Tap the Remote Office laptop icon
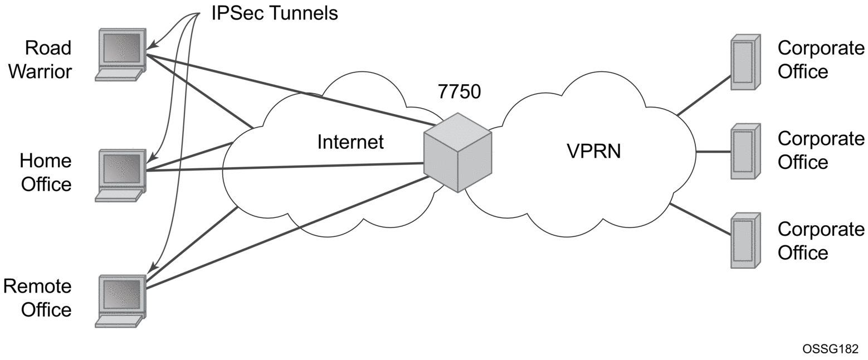(120, 300)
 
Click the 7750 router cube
(457, 153)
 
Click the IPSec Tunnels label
(274, 13)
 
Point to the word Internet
(350, 142)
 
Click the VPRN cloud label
(593, 150)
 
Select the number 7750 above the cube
(459, 92)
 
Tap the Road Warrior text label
(41, 60)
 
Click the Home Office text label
(46, 172)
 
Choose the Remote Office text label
(38, 298)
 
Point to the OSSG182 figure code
(831, 348)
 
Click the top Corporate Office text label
(821, 60)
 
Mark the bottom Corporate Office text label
(821, 241)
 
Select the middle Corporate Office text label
(821, 150)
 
